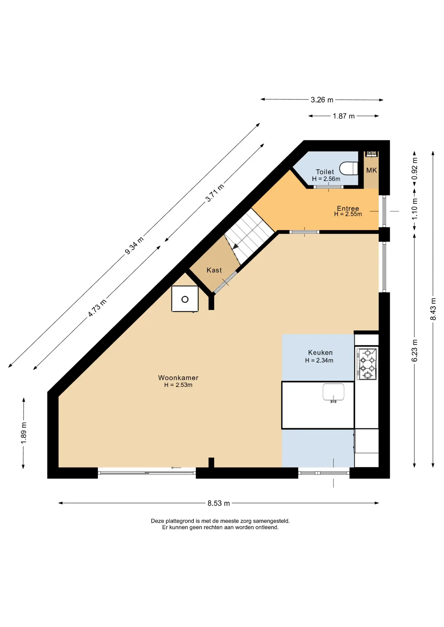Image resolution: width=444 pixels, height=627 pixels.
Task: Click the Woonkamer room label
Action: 178,378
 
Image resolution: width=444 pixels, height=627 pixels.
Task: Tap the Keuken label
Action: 320,352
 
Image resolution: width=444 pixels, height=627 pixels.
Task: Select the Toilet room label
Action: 325,172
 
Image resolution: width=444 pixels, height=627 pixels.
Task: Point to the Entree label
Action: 348,208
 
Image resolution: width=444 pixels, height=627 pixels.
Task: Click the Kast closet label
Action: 214,270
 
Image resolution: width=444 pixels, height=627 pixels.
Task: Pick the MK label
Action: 371,170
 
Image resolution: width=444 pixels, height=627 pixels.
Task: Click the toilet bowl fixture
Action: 349,169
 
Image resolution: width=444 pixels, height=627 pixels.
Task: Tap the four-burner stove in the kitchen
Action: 367,363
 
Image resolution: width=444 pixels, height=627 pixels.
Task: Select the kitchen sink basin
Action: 333,392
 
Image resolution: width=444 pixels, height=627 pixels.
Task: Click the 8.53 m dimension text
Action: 219,503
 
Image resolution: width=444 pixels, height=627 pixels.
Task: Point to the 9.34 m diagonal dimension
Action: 134,246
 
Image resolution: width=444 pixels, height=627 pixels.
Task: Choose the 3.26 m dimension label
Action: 322,100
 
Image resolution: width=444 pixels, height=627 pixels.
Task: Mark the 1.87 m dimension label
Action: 344,116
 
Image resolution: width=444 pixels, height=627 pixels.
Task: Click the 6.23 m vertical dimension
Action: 415,350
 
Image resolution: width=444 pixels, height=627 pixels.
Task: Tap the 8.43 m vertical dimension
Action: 433,309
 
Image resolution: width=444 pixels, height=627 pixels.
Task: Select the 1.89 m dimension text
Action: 24,433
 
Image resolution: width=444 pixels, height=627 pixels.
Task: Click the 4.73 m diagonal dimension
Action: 97,308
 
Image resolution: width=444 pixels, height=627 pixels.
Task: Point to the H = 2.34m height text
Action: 319,361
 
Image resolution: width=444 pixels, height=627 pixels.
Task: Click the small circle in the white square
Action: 185,299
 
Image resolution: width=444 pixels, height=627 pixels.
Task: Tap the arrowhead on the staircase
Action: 235,246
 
